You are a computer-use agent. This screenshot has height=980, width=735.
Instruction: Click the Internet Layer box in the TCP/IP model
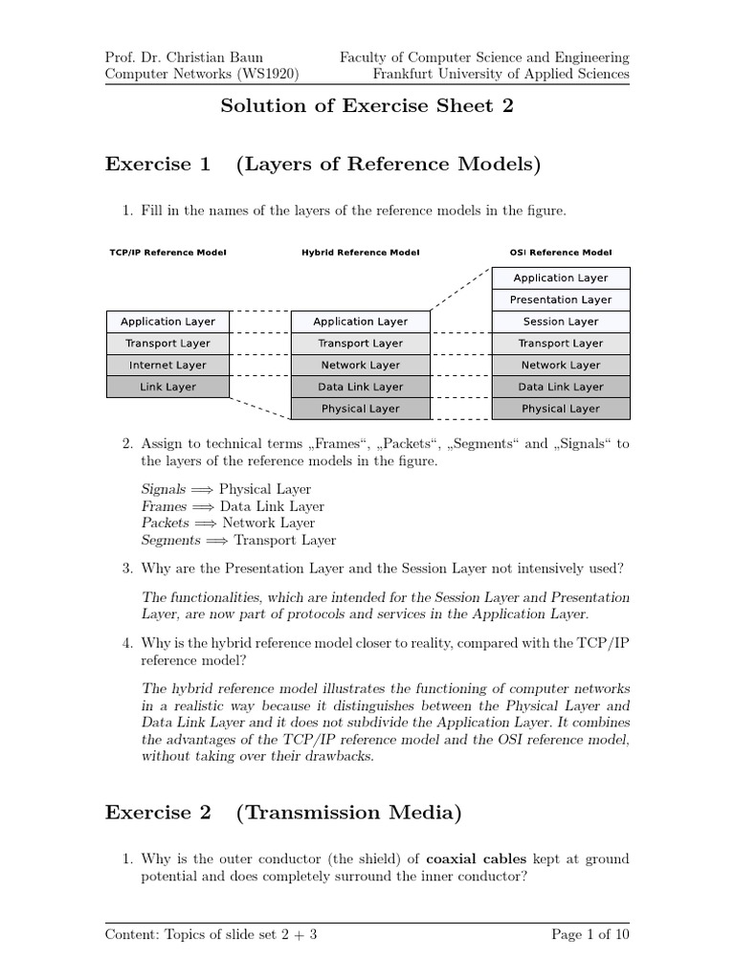click(x=167, y=365)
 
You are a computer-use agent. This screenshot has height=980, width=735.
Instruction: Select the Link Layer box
click(x=167, y=387)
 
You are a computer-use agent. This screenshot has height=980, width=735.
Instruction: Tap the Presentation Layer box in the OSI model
click(x=561, y=300)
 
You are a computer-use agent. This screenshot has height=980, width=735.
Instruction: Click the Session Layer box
click(x=561, y=322)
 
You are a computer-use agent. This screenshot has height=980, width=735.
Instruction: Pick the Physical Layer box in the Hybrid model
click(x=360, y=409)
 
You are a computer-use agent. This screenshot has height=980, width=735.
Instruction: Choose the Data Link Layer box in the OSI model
click(x=561, y=387)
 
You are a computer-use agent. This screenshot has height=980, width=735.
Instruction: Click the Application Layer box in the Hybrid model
click(x=360, y=322)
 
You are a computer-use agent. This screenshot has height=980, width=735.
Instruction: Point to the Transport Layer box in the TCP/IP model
click(x=167, y=344)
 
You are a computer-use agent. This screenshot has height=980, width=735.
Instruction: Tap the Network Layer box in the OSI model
click(x=561, y=365)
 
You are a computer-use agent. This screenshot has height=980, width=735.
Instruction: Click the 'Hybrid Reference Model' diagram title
click(x=360, y=253)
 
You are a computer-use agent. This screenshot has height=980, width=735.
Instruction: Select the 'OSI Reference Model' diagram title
click(x=561, y=253)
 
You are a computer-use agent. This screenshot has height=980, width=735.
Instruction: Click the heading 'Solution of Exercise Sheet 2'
click(x=367, y=106)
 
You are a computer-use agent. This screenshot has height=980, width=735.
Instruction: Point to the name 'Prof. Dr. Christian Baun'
click(x=183, y=57)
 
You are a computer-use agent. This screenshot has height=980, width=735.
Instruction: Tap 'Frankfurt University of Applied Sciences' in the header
click(x=501, y=74)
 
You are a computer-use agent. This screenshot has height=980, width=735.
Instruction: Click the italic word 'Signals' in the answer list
click(x=163, y=489)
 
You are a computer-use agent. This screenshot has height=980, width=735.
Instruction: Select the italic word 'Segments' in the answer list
click(x=170, y=540)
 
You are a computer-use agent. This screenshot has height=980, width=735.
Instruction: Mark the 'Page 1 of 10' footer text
click(x=590, y=935)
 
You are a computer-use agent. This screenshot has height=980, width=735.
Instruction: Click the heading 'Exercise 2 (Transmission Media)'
click(x=283, y=813)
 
